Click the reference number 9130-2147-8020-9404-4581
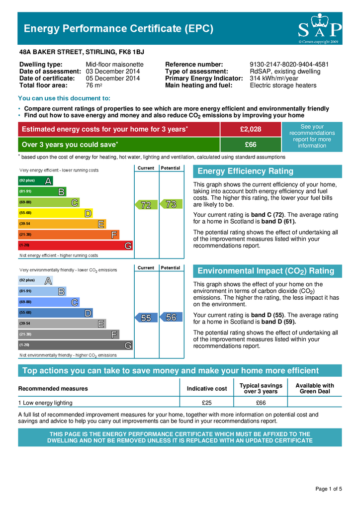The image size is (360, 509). [x=289, y=65]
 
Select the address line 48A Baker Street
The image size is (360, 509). [x=82, y=51]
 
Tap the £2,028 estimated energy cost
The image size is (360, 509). [x=251, y=129]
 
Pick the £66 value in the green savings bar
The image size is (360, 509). [x=251, y=145]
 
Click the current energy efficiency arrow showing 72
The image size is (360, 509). [x=146, y=204]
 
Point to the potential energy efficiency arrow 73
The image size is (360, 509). [x=171, y=204]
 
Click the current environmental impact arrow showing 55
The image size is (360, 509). [x=146, y=318]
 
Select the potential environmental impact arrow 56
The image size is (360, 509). [x=171, y=318]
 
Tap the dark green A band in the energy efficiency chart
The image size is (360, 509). [x=35, y=180]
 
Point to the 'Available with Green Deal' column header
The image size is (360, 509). [x=315, y=388]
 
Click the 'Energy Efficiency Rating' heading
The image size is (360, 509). [x=246, y=171]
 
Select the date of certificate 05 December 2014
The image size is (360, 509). [x=113, y=78]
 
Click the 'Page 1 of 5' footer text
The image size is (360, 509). [x=329, y=489]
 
